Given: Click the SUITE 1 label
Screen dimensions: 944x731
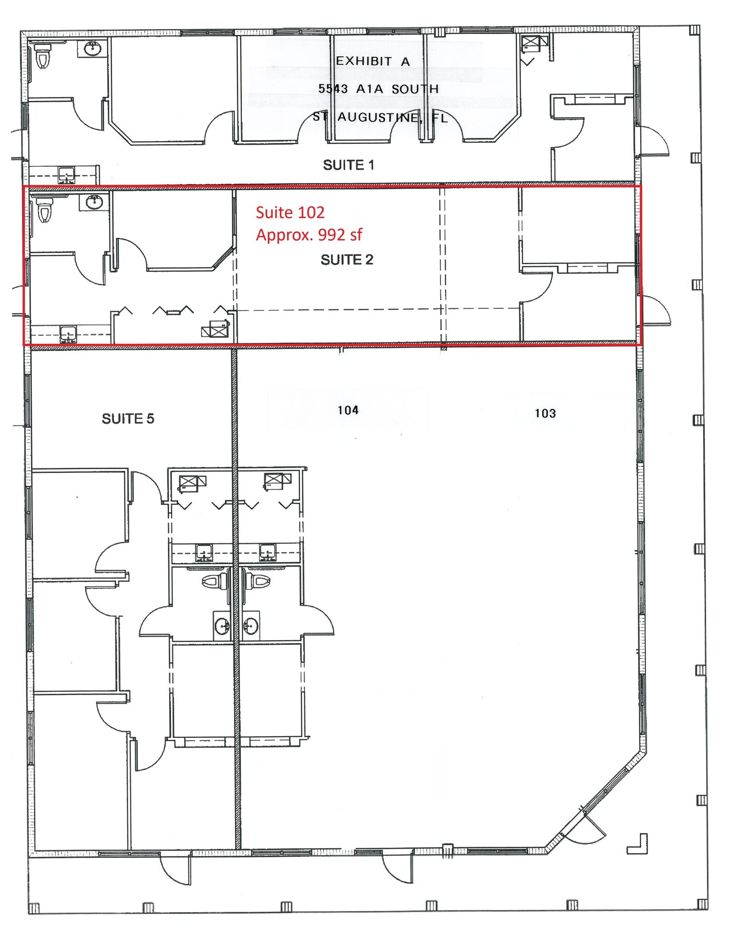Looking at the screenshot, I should point(348,165).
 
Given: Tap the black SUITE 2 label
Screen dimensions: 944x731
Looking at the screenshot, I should point(347,260).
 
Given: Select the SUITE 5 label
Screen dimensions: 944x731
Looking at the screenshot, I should point(128,419).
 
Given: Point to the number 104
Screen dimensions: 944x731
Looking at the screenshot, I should point(348,410).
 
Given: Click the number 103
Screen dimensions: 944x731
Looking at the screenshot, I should point(545,413).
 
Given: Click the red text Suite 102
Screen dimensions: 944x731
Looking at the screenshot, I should point(290,212).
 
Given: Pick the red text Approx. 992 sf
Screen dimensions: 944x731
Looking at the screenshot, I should point(309,235).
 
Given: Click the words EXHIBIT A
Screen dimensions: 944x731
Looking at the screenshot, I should point(372,61).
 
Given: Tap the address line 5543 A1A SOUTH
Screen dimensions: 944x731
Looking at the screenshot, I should point(378,89).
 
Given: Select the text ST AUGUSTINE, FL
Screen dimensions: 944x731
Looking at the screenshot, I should point(380,117).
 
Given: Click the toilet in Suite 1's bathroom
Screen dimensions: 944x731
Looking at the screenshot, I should point(43,55).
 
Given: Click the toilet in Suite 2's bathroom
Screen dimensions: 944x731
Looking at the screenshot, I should point(44,210).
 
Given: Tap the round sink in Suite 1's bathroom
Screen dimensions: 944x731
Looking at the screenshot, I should point(93,48).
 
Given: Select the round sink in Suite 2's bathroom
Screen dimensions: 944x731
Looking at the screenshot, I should point(94,202).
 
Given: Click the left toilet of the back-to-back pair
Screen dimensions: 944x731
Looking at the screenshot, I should point(215,582).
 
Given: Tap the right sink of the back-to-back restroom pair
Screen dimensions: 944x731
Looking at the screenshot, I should point(251,626).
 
